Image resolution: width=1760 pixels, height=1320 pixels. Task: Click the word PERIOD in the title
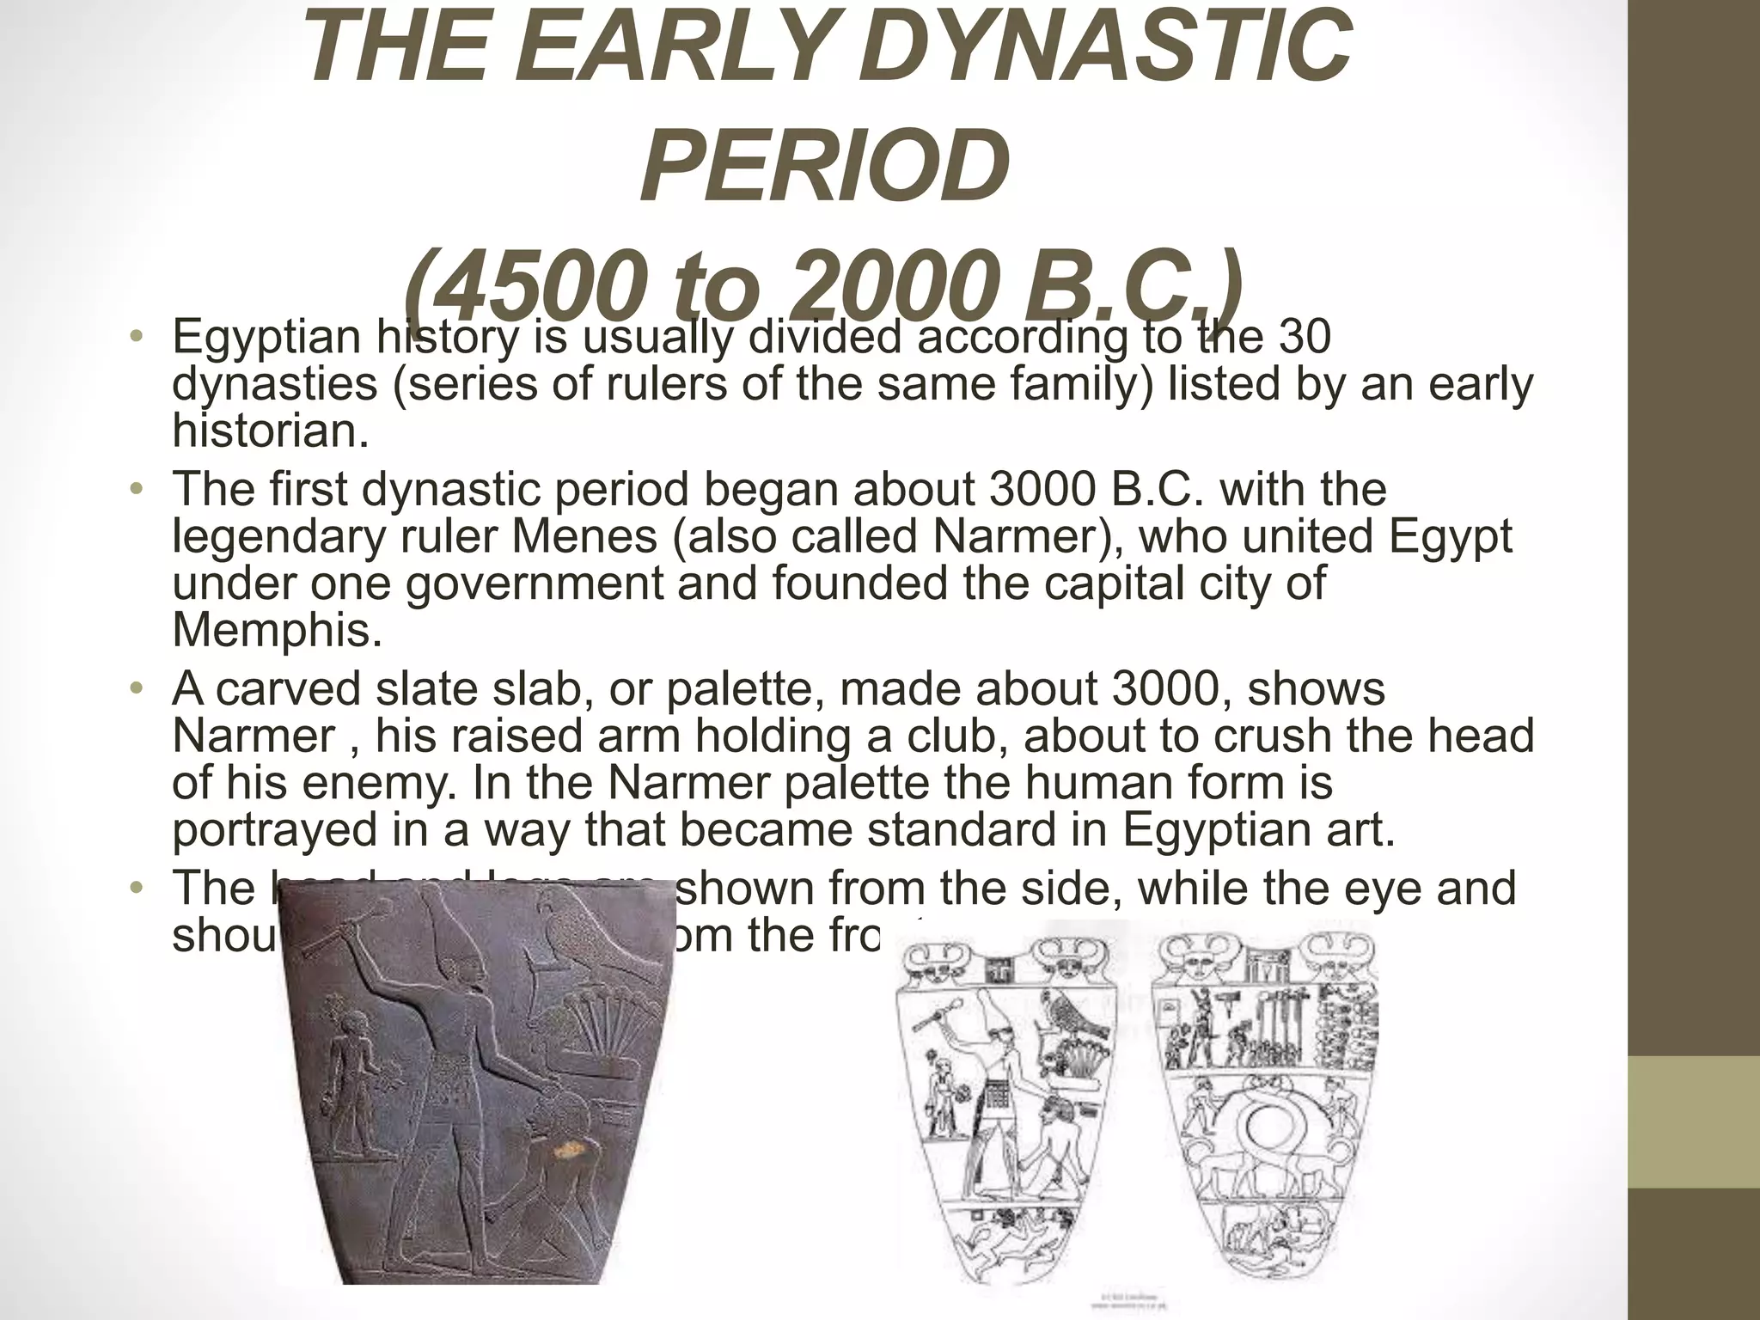(x=824, y=165)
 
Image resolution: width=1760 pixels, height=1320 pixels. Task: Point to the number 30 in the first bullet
(x=1304, y=336)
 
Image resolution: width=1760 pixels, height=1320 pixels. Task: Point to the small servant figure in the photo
(x=352, y=1066)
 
